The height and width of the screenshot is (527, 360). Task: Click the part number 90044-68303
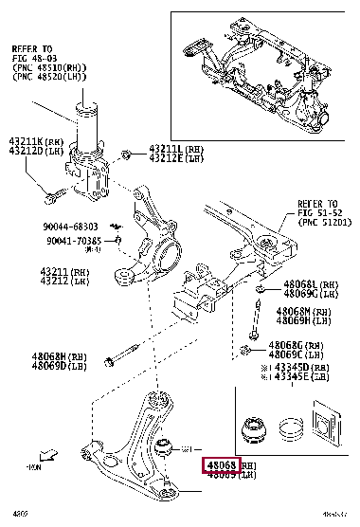click(x=71, y=227)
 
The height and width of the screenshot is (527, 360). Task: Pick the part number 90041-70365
click(x=72, y=242)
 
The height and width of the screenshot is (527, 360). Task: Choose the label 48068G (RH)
click(x=296, y=345)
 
